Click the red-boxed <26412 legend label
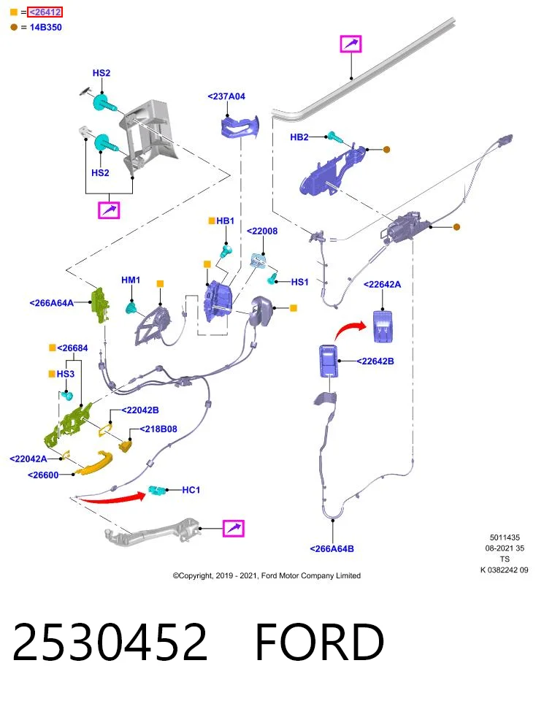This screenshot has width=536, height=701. click(45, 12)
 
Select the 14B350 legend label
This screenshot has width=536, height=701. click(45, 27)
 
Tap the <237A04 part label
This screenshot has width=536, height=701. click(226, 96)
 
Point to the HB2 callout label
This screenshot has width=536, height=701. click(299, 137)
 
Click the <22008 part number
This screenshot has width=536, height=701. click(262, 231)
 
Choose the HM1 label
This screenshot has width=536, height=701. click(131, 280)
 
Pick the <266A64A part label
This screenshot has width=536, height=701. click(51, 302)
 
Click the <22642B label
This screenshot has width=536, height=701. click(375, 361)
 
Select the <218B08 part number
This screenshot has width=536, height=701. click(158, 429)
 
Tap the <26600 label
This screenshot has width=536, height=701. click(43, 475)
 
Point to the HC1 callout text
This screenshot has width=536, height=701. click(191, 490)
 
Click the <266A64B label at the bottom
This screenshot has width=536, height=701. click(332, 548)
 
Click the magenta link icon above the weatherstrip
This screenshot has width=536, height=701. click(351, 44)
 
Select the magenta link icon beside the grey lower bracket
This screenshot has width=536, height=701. click(234, 529)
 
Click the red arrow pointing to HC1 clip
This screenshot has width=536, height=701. click(112, 497)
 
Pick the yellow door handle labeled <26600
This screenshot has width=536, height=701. click(94, 463)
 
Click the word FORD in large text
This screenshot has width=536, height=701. click(319, 642)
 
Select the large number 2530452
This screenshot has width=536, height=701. click(110, 642)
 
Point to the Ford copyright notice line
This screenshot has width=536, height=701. click(267, 576)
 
